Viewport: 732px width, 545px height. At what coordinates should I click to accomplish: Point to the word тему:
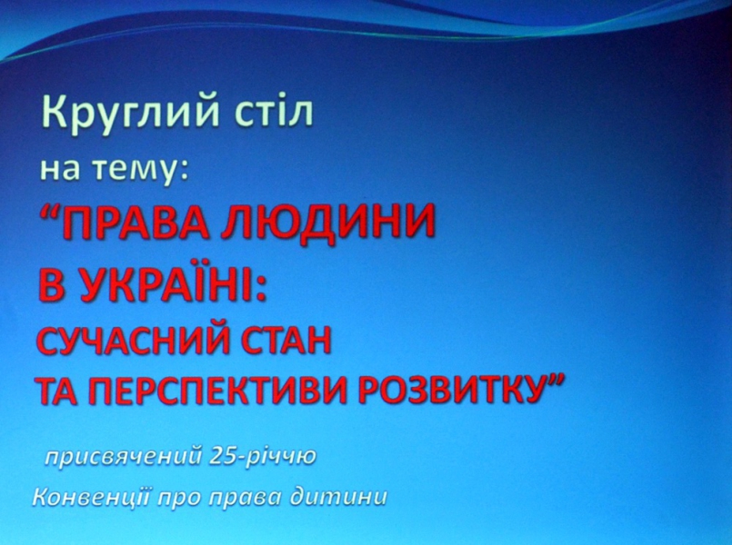coord(141,171)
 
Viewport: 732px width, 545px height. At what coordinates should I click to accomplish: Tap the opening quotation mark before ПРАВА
coord(50,215)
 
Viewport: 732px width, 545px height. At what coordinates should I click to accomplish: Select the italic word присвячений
coord(123,458)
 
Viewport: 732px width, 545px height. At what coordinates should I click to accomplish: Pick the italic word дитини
coord(338,499)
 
